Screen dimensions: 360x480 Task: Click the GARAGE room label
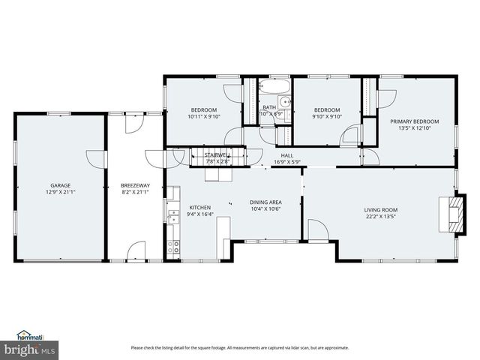pos(60,185)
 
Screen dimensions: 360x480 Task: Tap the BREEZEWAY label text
pos(135,185)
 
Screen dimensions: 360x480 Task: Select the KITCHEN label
pos(199,208)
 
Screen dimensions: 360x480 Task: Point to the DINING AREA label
pos(265,202)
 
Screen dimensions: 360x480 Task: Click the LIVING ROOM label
pos(381,210)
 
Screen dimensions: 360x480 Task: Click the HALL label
pos(286,155)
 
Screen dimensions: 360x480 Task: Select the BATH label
pos(269,108)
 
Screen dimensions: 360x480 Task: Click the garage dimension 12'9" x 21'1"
pos(60,192)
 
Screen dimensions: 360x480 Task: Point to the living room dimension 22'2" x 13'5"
pos(381,217)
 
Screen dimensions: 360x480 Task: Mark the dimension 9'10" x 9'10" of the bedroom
pos(327,116)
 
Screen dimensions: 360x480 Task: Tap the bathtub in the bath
pos(274,87)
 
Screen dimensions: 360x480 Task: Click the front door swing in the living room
pos(316,230)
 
